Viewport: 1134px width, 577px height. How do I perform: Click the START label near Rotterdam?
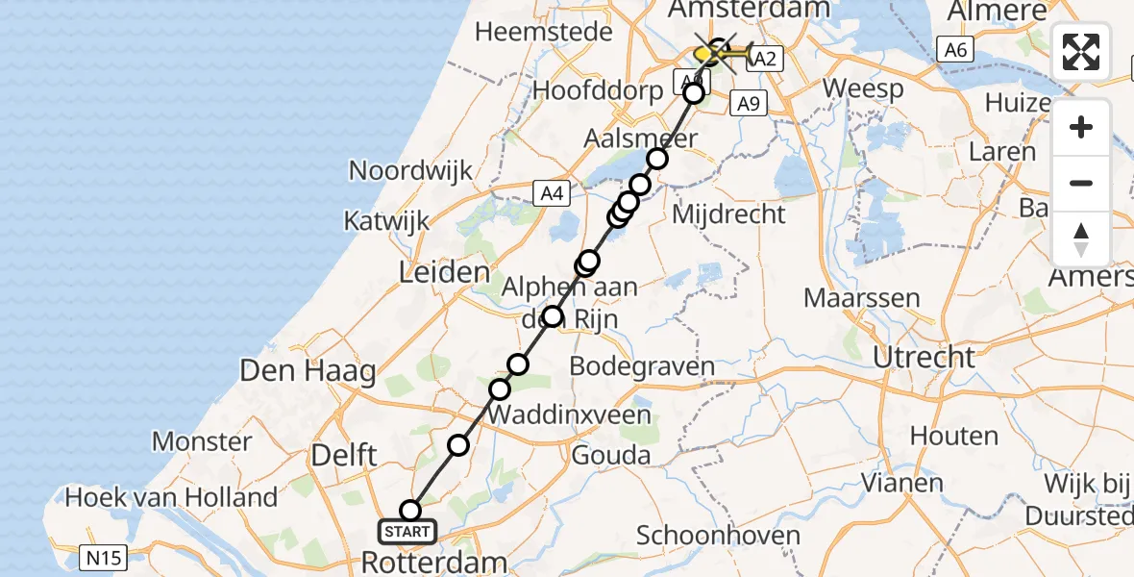[x=407, y=532]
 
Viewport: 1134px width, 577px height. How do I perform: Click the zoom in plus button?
[x=1081, y=127]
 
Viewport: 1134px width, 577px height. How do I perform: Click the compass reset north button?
[x=1081, y=239]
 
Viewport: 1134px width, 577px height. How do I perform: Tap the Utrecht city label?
[x=924, y=358]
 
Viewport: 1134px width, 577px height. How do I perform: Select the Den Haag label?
[x=308, y=371]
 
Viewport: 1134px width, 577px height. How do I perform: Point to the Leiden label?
[x=445, y=272]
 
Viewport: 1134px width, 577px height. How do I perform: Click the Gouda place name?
[x=611, y=455]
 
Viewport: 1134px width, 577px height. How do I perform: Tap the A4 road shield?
[x=551, y=193]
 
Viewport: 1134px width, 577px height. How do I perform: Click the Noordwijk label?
[x=410, y=171]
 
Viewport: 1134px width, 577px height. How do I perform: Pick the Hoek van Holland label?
[x=171, y=498]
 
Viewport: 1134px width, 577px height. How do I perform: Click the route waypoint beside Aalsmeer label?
[x=657, y=159]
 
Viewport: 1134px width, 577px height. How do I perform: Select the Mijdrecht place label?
[x=728, y=213]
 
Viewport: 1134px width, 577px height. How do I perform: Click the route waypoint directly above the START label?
[x=410, y=510]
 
